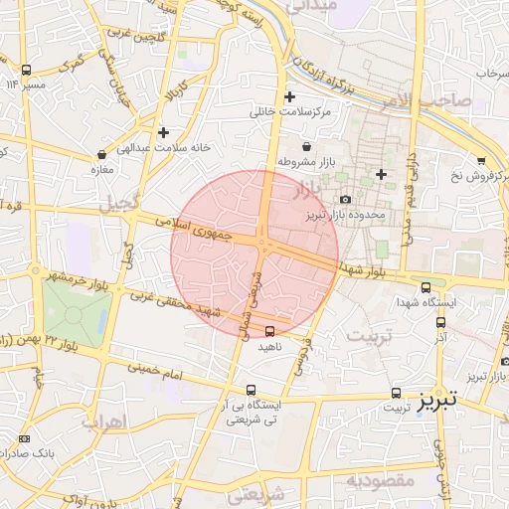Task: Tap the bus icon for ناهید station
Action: pos(270,331)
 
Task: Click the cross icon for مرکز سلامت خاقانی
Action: pos(289,96)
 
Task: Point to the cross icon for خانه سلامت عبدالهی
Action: pos(163,131)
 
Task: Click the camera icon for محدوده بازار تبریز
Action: pos(345,199)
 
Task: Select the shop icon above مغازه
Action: pos(103,154)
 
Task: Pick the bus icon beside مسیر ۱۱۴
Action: pos(26,71)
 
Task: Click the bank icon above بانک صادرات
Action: pos(24,438)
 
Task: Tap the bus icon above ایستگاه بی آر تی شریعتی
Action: pos(251,391)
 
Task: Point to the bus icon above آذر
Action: pos(439,322)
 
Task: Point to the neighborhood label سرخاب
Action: pos(491,74)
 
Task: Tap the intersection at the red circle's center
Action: pos(263,243)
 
